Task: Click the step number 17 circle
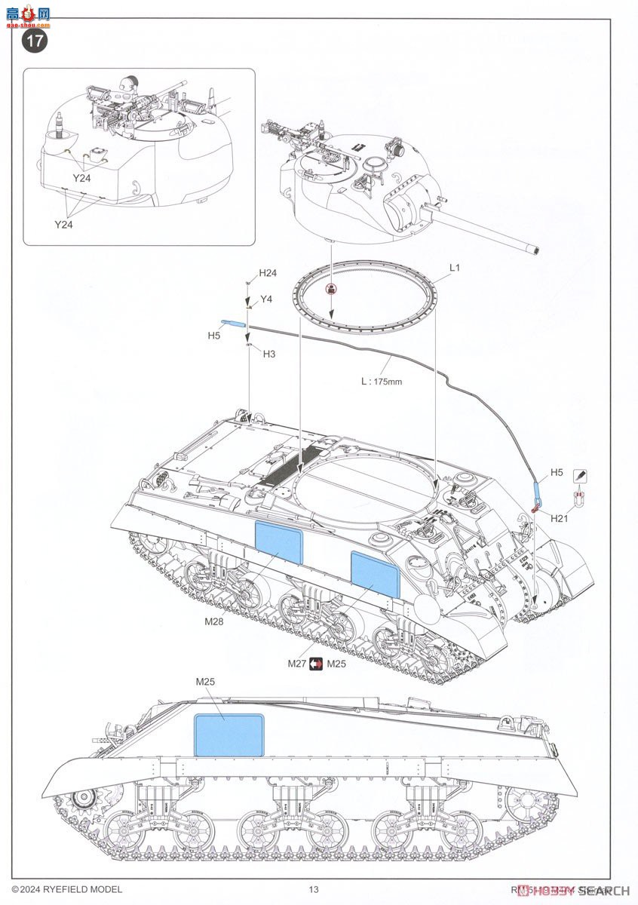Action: coord(35,41)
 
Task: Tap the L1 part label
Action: coord(454,268)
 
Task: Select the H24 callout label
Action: coord(268,273)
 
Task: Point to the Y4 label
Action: coord(265,299)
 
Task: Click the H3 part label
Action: coord(268,354)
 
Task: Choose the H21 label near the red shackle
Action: coord(560,519)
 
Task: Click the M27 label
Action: coord(296,664)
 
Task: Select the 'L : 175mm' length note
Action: coord(382,382)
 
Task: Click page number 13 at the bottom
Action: coord(314,890)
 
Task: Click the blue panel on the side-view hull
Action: coord(229,735)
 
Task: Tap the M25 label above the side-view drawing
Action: coord(205,682)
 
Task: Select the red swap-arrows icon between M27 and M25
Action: coord(317,664)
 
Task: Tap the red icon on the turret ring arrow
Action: coord(330,289)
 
